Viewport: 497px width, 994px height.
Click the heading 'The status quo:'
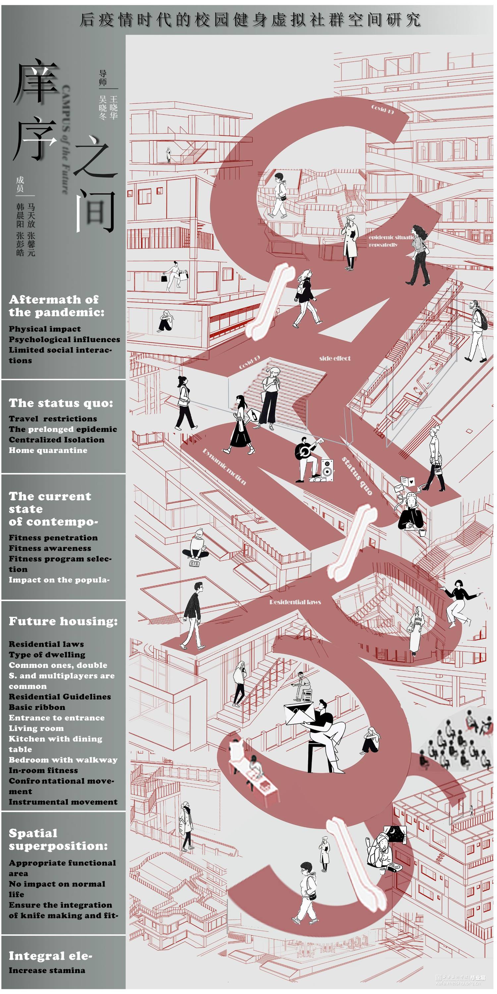61,403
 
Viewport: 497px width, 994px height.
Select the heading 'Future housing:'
63,621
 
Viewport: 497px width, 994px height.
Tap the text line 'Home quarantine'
48,450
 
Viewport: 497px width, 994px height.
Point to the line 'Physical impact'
45,329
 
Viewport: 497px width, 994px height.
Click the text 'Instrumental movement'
63,802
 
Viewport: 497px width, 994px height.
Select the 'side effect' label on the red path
335,358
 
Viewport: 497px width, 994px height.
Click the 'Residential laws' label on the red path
295,602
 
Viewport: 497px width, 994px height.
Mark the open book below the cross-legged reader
194,563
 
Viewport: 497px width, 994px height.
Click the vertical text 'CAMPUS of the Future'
66,139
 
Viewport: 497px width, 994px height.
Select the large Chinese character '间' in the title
95,210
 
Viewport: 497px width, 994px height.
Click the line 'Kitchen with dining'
56,739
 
